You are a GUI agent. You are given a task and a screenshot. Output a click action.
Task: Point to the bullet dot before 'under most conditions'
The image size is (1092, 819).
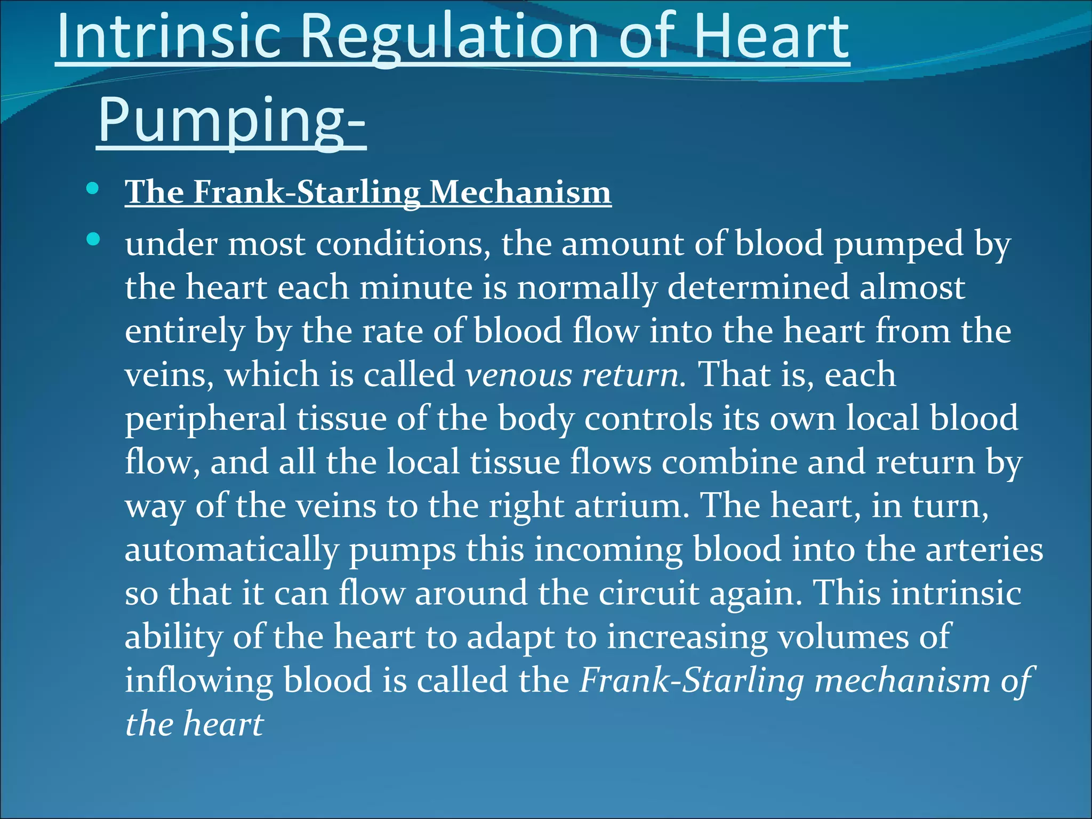93,239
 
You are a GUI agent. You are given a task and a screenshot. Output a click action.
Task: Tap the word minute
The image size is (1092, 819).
416,288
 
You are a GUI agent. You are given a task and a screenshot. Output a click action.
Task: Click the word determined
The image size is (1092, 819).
758,288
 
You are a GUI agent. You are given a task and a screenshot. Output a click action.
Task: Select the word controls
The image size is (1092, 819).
648,419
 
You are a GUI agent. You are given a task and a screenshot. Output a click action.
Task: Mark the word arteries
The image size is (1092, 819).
984,550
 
